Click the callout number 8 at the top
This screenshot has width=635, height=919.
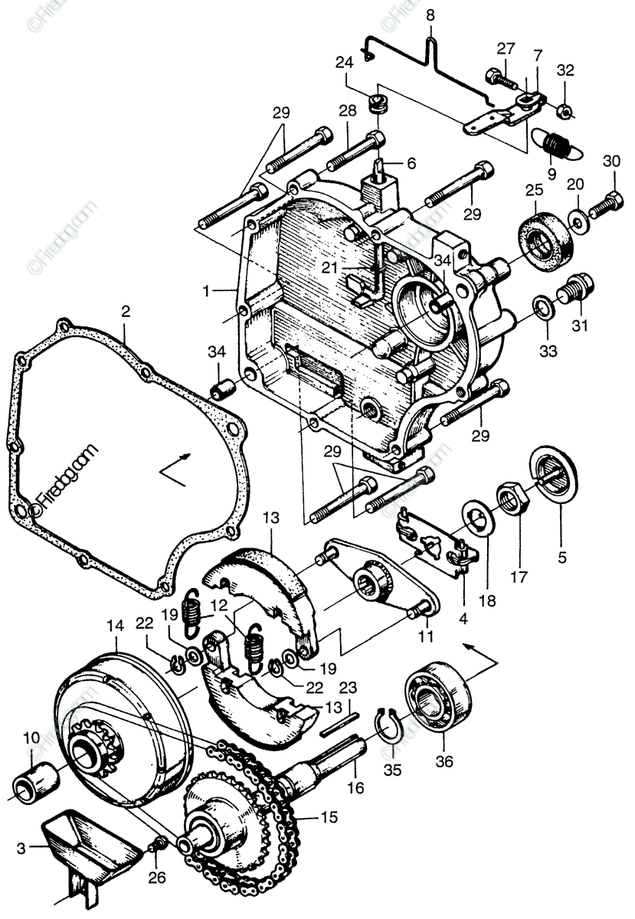point(430,15)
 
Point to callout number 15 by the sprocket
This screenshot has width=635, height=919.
point(329,817)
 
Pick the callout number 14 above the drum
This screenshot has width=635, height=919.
point(115,626)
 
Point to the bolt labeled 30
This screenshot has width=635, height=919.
point(606,204)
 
